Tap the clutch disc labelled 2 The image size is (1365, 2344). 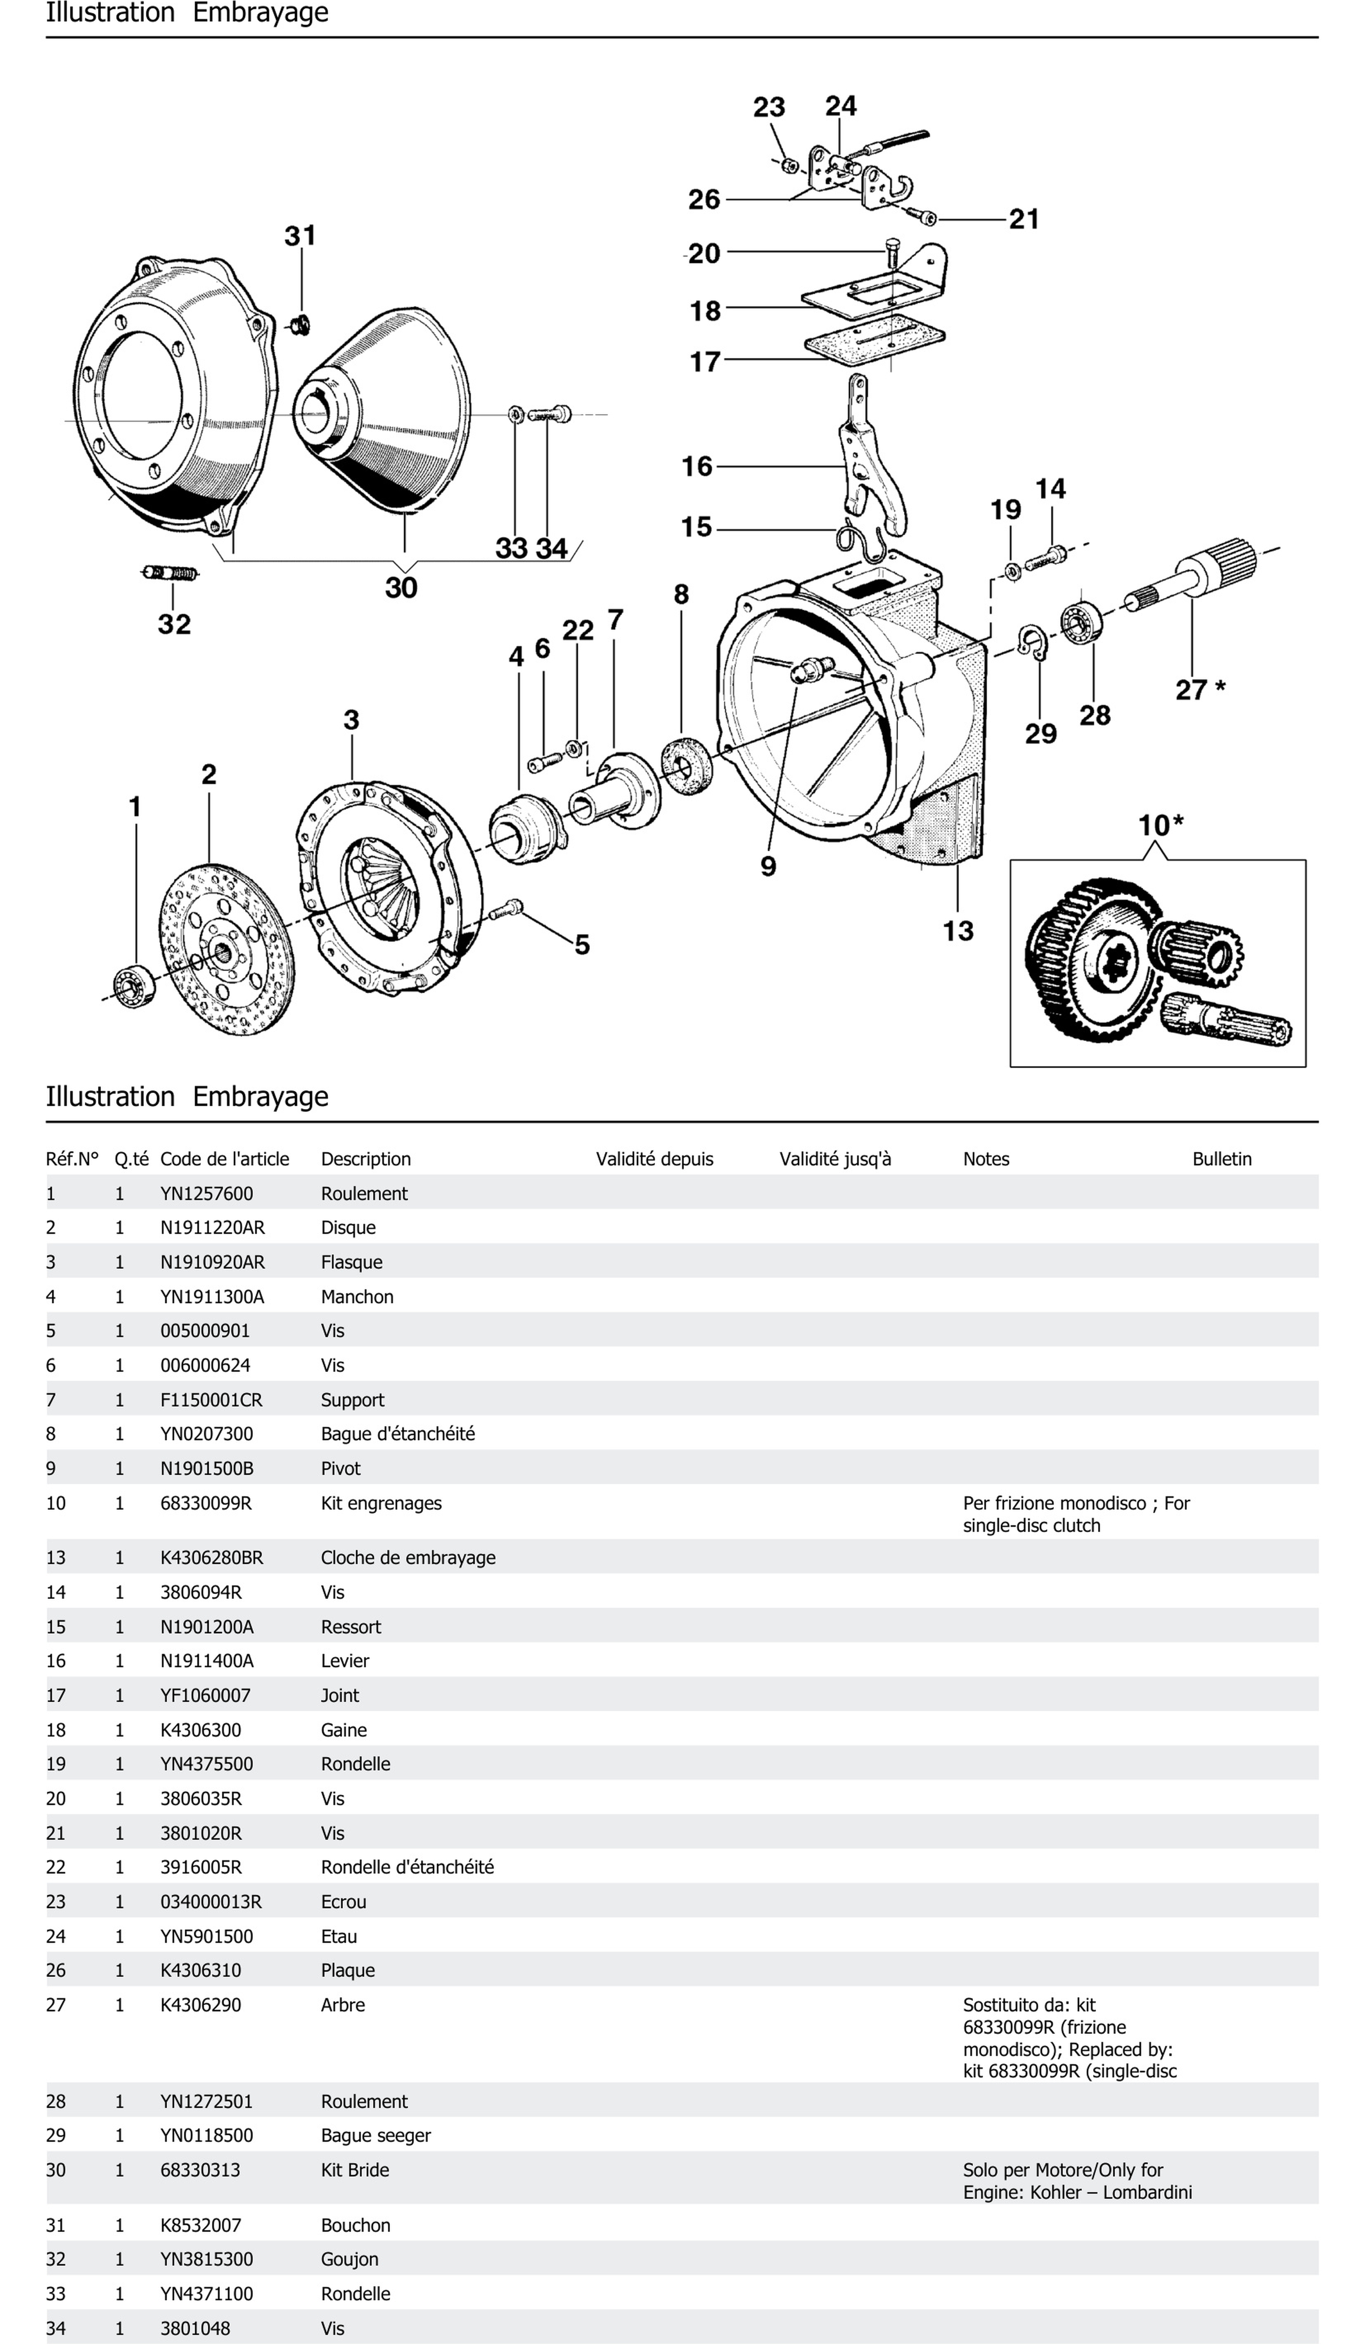(226, 949)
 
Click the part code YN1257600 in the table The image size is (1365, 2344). (206, 1193)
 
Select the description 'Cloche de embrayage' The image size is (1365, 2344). (408, 1557)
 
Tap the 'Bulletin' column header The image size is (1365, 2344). (1222, 1159)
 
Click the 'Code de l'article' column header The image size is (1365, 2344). (224, 1159)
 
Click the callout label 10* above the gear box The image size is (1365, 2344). (1160, 825)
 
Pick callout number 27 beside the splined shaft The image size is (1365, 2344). (1191, 690)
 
